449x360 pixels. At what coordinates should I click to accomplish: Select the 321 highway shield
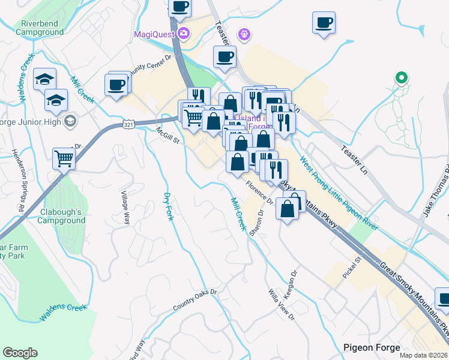pyautogui.click(x=128, y=124)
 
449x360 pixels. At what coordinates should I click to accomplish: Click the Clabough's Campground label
pyautogui.click(x=63, y=216)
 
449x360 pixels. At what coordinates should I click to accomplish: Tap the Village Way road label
pyautogui.click(x=126, y=208)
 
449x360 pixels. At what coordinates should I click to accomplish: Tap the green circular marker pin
pyautogui.click(x=401, y=77)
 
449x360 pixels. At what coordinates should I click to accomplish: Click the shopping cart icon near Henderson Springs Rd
pyautogui.click(x=63, y=158)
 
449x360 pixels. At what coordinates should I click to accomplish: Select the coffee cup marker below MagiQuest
pyautogui.click(x=224, y=57)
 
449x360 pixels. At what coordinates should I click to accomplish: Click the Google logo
pyautogui.click(x=20, y=353)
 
